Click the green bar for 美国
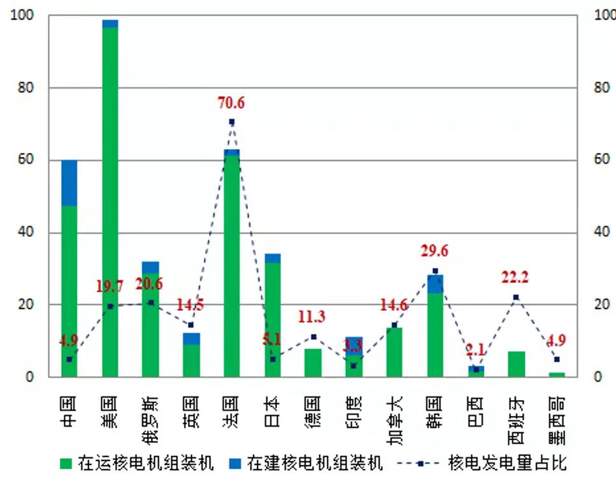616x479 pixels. tap(110, 204)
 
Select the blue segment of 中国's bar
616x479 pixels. tap(69, 183)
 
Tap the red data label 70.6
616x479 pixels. tap(231, 103)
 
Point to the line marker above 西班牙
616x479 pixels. tap(516, 297)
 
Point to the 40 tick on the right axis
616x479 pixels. tap(601, 232)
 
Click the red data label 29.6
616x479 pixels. tap(434, 251)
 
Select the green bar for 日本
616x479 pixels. tap(273, 318)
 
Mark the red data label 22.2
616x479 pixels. tap(515, 277)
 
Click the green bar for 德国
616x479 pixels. tap(313, 362)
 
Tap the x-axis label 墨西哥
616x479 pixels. tap(557, 418)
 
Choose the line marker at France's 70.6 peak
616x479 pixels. tap(232, 122)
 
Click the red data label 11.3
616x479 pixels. tap(312, 317)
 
